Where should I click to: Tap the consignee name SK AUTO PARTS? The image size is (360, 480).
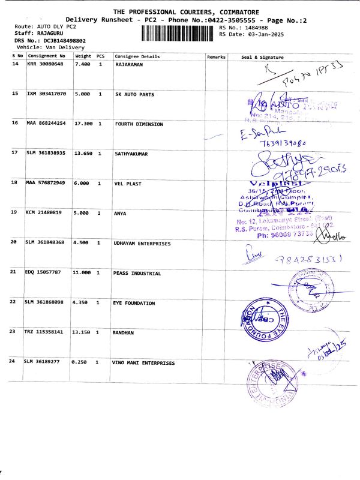pyautogui.click(x=134, y=95)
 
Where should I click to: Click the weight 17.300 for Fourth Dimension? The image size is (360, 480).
pyautogui.click(x=83, y=124)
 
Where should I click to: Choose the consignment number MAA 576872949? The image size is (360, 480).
pyautogui.click(x=46, y=182)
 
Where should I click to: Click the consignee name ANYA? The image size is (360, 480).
pyautogui.click(x=120, y=212)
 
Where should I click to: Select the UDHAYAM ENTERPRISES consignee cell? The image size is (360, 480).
pyautogui.click(x=142, y=244)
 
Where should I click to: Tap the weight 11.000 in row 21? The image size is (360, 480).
pyautogui.click(x=83, y=273)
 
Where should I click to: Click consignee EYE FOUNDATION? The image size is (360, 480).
pyautogui.click(x=134, y=303)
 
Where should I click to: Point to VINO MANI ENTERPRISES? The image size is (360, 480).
pyautogui.click(x=143, y=363)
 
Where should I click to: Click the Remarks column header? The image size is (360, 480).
pyautogui.click(x=215, y=56)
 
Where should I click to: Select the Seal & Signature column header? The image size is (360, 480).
pyautogui.click(x=262, y=56)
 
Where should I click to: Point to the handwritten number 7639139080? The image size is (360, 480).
pyautogui.click(x=283, y=143)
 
